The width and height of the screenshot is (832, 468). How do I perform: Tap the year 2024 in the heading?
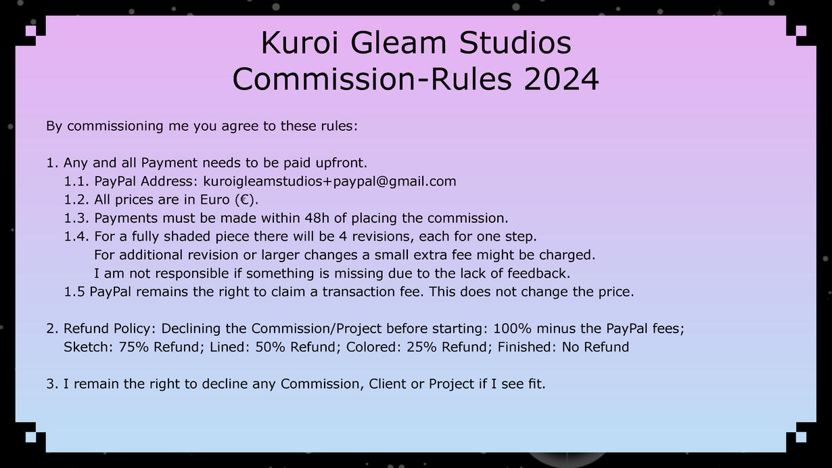click(x=561, y=79)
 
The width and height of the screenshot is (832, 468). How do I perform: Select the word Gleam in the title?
click(x=398, y=43)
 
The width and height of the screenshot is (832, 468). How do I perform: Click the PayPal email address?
click(x=329, y=182)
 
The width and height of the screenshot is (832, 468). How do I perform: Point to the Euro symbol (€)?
click(x=246, y=200)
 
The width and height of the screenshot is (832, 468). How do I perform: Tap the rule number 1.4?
click(x=77, y=236)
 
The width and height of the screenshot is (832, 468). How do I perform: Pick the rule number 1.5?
click(x=74, y=292)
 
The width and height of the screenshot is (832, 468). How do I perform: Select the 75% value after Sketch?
click(x=134, y=347)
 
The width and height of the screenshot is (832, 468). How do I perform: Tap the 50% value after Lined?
click(x=270, y=347)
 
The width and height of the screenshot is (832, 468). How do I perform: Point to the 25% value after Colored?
click(x=421, y=347)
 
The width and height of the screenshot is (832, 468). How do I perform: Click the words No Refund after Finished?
click(x=595, y=347)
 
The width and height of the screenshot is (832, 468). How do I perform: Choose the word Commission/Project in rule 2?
click(x=317, y=329)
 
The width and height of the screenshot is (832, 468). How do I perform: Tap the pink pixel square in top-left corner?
click(x=31, y=31)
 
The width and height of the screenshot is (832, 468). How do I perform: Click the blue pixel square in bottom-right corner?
click(x=801, y=437)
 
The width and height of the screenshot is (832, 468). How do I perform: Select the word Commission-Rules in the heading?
click(x=372, y=79)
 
